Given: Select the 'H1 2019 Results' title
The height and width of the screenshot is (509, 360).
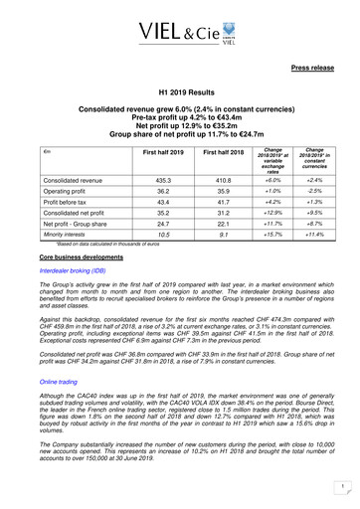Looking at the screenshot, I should tap(179, 89).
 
